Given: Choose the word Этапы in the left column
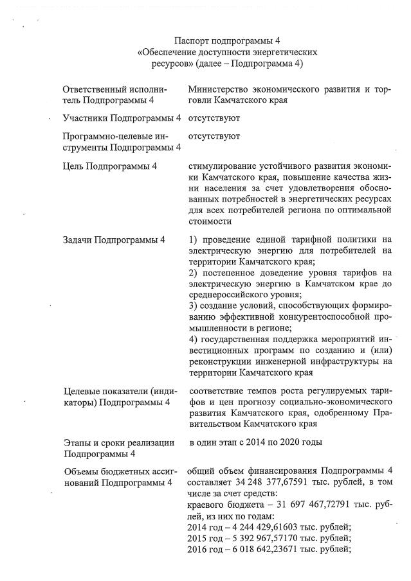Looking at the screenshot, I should click(77, 443).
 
